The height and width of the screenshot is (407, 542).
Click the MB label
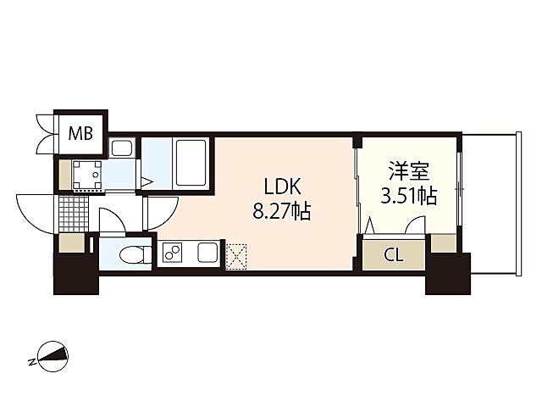click(x=80, y=132)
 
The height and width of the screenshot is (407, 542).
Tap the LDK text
click(x=280, y=187)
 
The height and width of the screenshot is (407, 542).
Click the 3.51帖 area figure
click(x=409, y=198)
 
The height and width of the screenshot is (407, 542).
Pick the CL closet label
click(x=394, y=254)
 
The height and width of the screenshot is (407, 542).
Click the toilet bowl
click(x=131, y=254)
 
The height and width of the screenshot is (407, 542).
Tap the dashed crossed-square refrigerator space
click(x=235, y=253)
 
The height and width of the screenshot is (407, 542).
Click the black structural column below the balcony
click(x=447, y=274)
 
